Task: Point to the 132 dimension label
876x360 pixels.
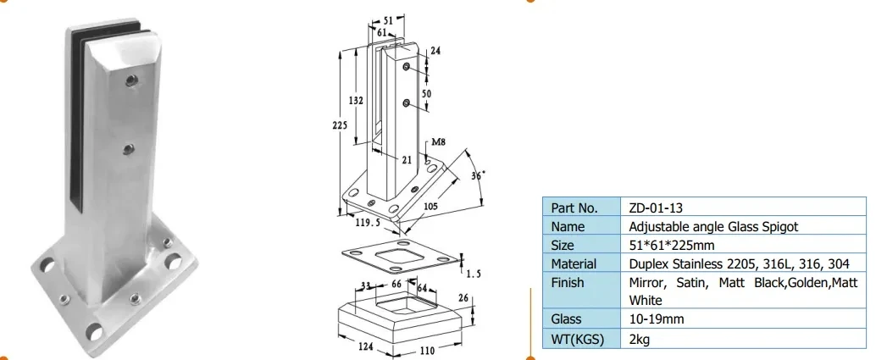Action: [x=357, y=101]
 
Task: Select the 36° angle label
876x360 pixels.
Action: [x=478, y=175]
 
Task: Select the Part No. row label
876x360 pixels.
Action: [x=574, y=208]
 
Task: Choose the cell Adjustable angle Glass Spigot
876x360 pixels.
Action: [x=713, y=226]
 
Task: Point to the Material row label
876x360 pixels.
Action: [x=574, y=263]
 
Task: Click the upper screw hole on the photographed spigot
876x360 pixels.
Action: [x=130, y=81]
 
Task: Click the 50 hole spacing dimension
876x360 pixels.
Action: [x=427, y=93]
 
